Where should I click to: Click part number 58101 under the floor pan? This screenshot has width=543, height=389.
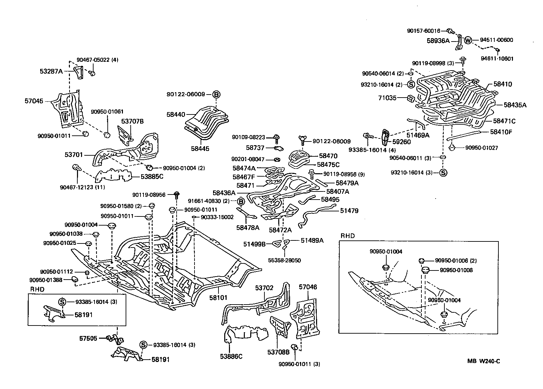tap(218, 297)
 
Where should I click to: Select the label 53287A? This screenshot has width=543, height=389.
tap(51, 71)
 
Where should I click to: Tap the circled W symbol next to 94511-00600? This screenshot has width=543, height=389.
tap(468, 40)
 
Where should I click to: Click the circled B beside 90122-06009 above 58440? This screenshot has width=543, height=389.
tap(216, 94)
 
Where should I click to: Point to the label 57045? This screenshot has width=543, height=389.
tap(34, 101)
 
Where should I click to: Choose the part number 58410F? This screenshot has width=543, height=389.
tap(501, 132)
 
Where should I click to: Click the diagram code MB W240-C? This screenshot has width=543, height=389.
tap(484, 361)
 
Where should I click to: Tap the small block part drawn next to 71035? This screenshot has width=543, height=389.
tap(411, 98)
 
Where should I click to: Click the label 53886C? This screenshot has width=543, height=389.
tap(231, 356)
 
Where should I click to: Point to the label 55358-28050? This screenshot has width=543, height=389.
tap(284, 260)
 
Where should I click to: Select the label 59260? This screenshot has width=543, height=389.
tap(402, 142)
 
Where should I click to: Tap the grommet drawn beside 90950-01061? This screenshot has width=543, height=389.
tap(107, 135)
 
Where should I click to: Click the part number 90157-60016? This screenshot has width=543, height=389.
tap(423, 31)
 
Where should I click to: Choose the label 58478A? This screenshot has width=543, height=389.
tap(248, 228)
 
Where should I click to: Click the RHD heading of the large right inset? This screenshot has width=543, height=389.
tap(347, 236)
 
